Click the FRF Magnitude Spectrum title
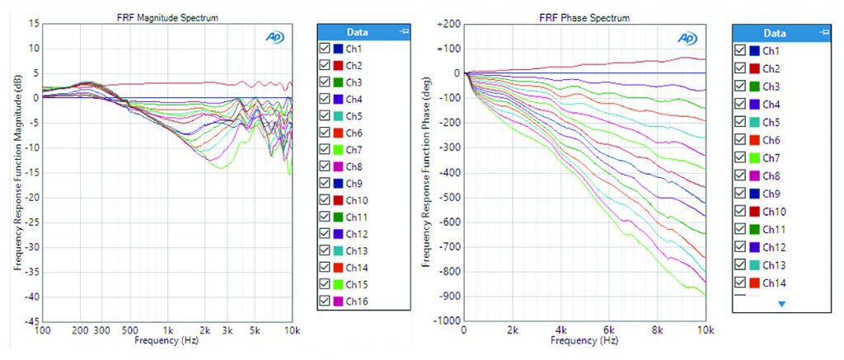(166, 17)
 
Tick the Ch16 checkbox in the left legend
(324, 302)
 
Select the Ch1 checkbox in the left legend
(324, 49)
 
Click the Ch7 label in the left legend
(354, 150)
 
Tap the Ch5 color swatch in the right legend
(753, 122)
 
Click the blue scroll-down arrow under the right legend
(782, 304)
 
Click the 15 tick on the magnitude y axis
(35, 24)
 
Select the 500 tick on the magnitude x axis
(130, 330)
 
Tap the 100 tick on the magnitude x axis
(44, 330)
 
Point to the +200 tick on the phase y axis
(446, 24)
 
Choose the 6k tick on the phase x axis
(609, 330)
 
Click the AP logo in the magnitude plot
(274, 37)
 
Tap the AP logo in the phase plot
(686, 38)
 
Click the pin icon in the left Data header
(402, 32)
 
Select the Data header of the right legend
(774, 34)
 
